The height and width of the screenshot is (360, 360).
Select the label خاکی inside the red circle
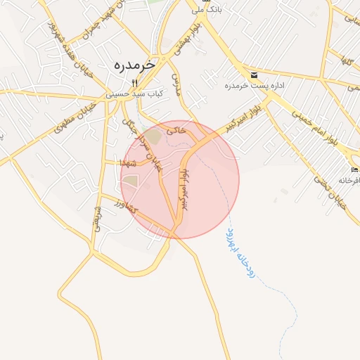click(180, 129)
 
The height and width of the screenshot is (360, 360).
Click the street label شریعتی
click(97, 222)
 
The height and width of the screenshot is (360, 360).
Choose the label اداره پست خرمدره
click(255, 85)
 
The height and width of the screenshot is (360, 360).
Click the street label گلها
click(346, 62)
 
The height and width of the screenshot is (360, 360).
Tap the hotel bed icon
click(355, 170)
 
